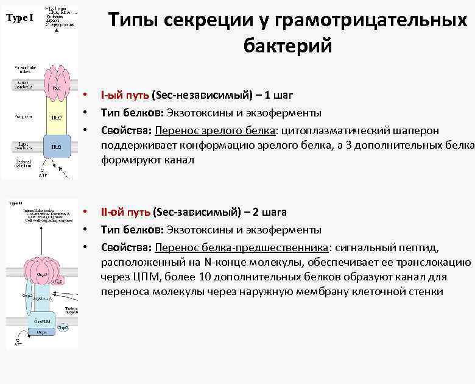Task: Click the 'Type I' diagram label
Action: (20, 17)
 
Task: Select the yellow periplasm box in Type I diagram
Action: (56, 116)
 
